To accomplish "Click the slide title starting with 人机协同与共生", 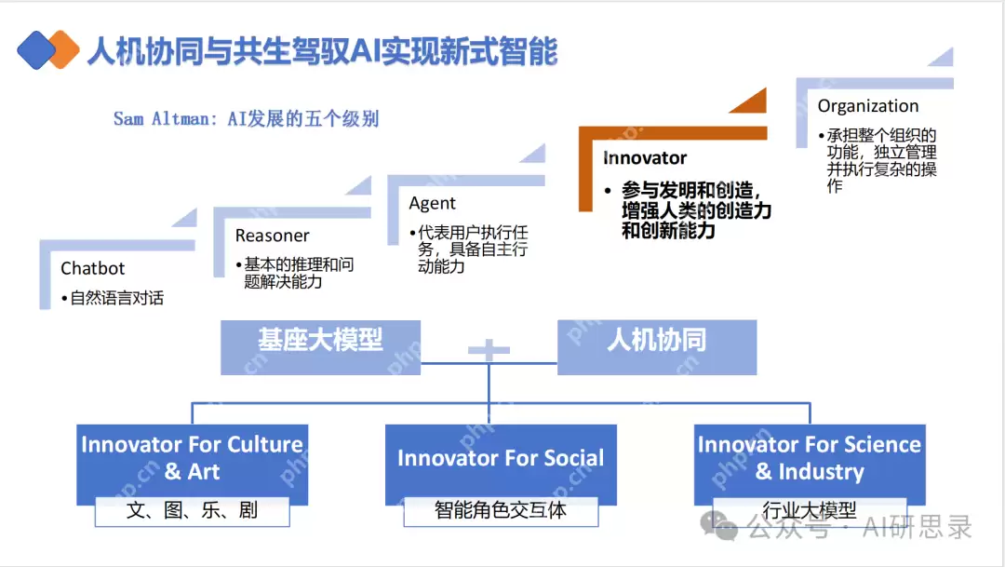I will coord(321,51).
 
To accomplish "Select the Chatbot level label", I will coord(92,268).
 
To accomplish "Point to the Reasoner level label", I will coord(272,236).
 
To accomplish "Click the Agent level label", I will coord(432,203).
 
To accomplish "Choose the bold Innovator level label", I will coord(645,158).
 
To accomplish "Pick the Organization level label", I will coord(867,106).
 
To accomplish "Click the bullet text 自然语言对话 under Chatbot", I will coord(116,298).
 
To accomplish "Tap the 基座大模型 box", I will coord(320,341).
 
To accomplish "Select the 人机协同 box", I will coord(656,341).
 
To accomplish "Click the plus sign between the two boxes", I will coord(489,351).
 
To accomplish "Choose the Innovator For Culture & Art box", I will coord(192,457).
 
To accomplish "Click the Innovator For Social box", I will coord(501,458).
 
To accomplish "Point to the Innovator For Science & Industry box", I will coord(810,457).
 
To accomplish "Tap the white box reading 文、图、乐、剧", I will coord(192,510).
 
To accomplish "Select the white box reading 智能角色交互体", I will coord(501,510).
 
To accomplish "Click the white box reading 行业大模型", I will coord(810,510).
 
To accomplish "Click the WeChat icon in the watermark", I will coord(718,527).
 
